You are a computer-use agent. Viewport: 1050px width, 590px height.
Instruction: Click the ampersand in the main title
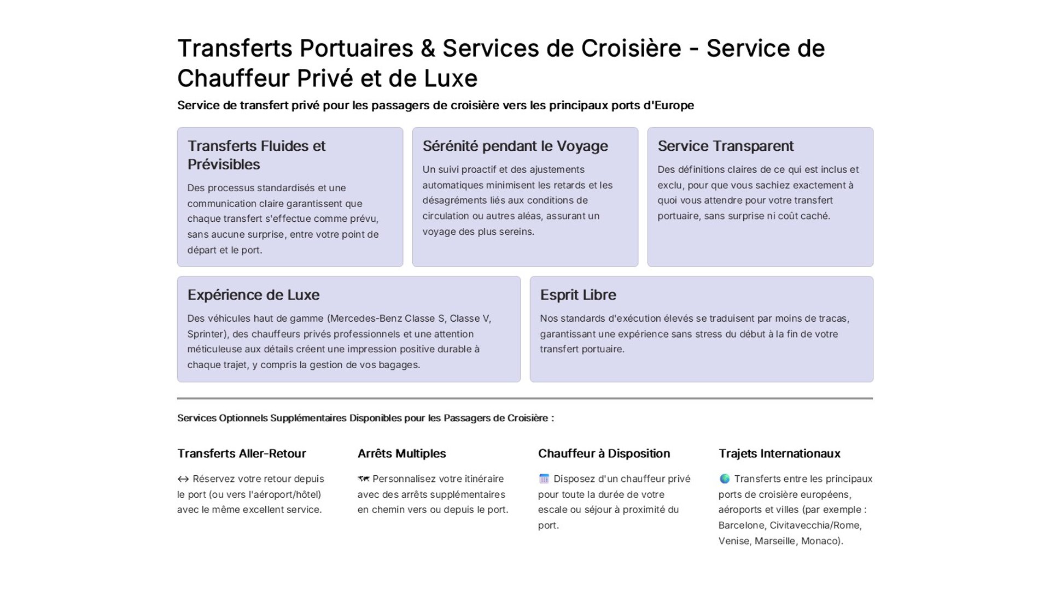428,49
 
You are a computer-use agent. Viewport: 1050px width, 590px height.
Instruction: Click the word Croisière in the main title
631,49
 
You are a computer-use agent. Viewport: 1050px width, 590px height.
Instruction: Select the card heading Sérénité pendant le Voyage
515,146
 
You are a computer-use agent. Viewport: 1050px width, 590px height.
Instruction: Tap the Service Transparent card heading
725,146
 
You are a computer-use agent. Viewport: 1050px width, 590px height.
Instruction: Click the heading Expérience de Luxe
253,295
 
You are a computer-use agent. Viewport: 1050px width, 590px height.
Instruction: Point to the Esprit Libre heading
577,295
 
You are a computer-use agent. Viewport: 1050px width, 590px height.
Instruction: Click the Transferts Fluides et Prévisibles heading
256,155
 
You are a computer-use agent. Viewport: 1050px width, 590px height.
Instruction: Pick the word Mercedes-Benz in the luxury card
365,318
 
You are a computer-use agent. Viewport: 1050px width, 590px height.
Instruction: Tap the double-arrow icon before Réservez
183,479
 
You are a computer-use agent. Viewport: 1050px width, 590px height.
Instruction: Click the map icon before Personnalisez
363,479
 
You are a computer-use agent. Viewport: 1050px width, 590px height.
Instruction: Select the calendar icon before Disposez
544,479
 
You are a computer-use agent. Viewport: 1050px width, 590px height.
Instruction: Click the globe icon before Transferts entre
724,479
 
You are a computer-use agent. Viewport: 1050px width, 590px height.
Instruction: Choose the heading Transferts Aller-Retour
241,453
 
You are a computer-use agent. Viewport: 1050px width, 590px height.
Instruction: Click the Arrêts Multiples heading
401,453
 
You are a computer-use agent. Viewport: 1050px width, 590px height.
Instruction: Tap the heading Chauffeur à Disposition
604,453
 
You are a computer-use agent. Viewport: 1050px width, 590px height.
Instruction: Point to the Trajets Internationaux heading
779,453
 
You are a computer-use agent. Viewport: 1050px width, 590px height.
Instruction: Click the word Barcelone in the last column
741,526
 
